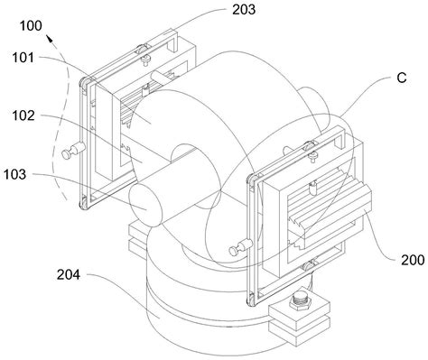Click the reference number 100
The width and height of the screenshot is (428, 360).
(x=31, y=26)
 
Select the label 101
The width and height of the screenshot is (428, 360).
(x=23, y=58)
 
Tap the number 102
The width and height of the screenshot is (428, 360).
(x=23, y=115)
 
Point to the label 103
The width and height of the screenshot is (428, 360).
(x=15, y=174)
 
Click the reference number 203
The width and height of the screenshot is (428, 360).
(x=244, y=9)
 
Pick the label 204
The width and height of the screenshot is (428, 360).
(x=69, y=274)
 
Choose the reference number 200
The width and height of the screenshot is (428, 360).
(x=413, y=260)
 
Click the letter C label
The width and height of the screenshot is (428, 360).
(x=402, y=78)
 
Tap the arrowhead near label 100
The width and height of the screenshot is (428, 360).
(x=50, y=39)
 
